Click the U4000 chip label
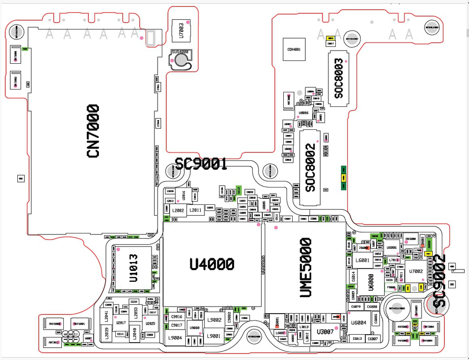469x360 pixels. click(212, 264)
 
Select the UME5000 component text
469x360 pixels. click(305, 267)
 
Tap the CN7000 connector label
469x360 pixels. click(93, 131)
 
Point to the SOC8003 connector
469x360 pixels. click(339, 79)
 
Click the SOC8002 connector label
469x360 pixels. click(310, 168)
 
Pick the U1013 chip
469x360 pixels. click(134, 268)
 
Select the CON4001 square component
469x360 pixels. click(294, 49)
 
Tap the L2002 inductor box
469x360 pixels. click(177, 210)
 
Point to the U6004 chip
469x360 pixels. click(359, 322)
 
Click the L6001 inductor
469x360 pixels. click(362, 260)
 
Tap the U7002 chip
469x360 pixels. click(416, 271)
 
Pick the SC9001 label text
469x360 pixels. click(201, 164)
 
